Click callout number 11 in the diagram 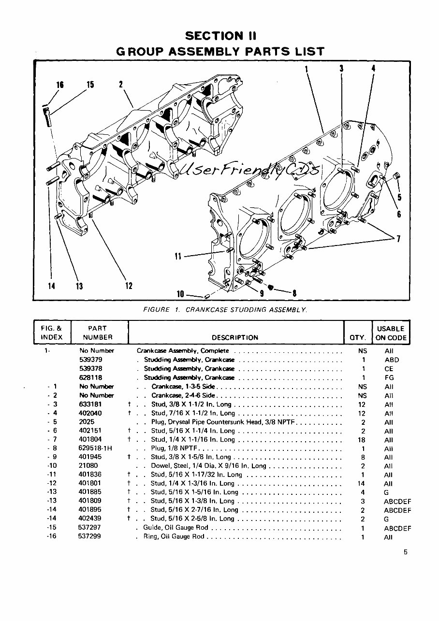coord(177,256)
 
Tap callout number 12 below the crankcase coord(129,286)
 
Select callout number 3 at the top coord(341,68)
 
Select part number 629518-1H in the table coord(95,448)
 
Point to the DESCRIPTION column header coord(235,337)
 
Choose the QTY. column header coord(358,337)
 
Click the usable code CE coord(389,369)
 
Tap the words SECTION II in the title coord(220,36)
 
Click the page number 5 coord(405,552)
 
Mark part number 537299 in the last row coord(89,536)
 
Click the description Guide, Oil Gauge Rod coord(176,527)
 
